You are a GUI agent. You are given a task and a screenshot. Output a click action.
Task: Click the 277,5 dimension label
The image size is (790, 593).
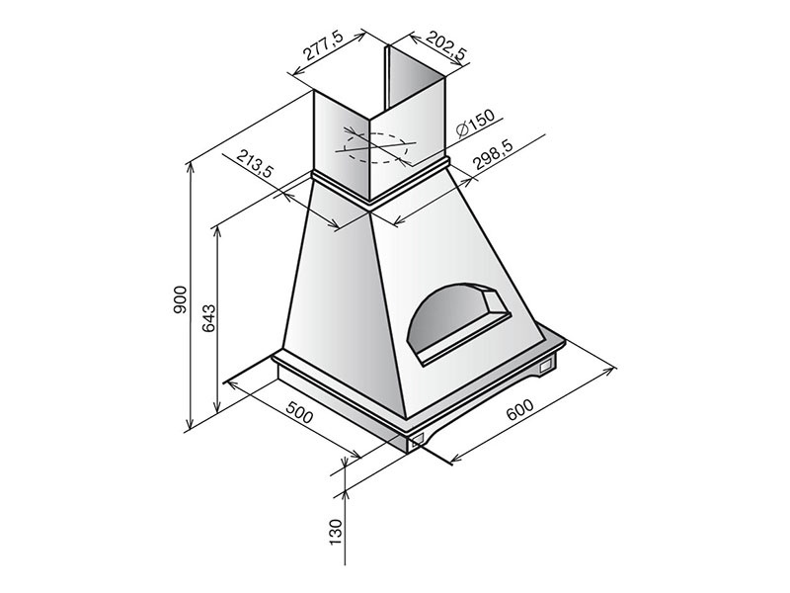(x=323, y=46)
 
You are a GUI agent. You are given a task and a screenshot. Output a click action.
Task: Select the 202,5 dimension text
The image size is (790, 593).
(x=447, y=45)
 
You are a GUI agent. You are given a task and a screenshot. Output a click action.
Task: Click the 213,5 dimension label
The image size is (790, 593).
(x=254, y=163)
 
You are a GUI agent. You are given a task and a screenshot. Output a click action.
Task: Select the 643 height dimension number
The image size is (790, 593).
(x=208, y=317)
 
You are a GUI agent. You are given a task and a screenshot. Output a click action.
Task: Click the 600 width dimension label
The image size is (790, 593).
(x=520, y=409)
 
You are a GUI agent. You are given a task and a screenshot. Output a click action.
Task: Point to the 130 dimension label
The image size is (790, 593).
(x=336, y=532)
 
